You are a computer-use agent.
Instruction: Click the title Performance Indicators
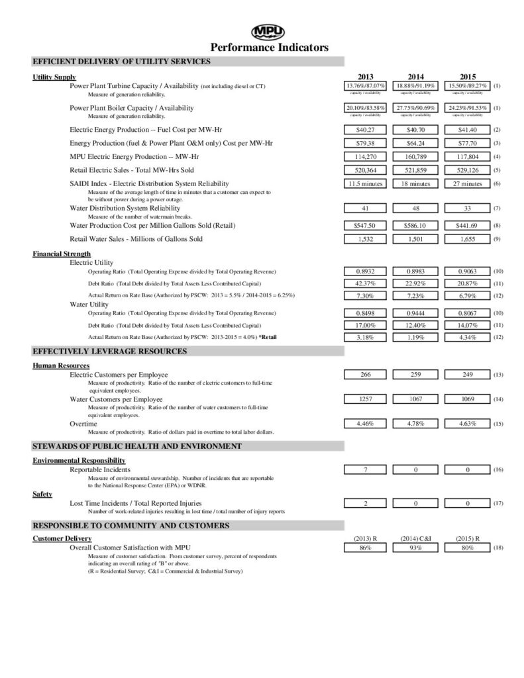coord(269,48)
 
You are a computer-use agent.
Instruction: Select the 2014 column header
coord(416,77)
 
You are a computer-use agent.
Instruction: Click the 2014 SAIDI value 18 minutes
coord(416,183)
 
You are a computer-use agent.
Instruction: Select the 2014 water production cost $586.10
coord(416,225)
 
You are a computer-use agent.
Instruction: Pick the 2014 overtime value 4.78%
coord(416,422)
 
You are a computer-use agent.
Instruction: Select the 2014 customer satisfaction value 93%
coord(416,548)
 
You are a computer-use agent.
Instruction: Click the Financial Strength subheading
coord(62,254)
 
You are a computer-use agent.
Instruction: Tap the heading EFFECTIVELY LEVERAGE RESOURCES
coord(110,352)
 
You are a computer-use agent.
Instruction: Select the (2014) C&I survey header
coord(416,539)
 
